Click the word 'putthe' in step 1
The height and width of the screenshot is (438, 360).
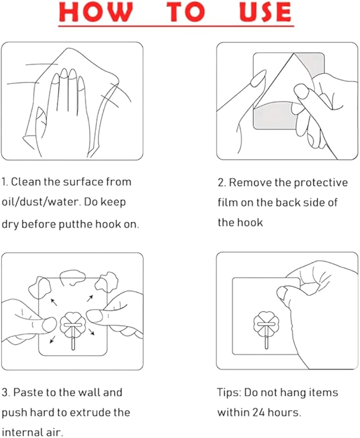76,224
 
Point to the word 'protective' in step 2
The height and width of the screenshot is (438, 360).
321,183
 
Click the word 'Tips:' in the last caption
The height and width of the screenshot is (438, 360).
229,393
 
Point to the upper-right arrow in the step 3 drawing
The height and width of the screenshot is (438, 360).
90,299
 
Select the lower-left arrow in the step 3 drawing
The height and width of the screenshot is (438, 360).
52,339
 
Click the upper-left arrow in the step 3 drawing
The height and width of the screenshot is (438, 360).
54,302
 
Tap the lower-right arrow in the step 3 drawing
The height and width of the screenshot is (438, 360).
92,331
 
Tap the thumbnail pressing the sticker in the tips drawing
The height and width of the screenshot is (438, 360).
283,293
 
